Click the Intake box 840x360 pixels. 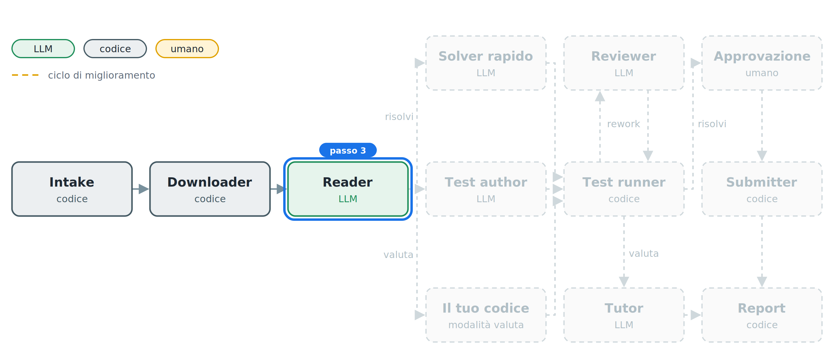tap(72, 189)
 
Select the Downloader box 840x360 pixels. tap(210, 189)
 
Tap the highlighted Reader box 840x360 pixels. tap(348, 189)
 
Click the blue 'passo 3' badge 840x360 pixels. tap(348, 150)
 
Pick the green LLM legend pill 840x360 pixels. tap(43, 49)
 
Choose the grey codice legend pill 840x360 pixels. tap(115, 49)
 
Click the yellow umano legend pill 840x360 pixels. tap(187, 49)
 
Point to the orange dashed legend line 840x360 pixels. tap(25, 75)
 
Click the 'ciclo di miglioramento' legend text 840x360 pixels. tap(101, 75)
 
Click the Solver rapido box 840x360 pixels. tap(486, 63)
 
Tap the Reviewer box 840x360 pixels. tap(624, 63)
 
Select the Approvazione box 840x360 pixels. tap(762, 63)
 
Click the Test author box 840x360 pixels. tap(486, 189)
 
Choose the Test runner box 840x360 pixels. tap(624, 189)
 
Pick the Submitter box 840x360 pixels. tap(762, 189)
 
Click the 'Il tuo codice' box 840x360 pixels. tap(486, 315)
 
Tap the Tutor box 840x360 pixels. tap(624, 315)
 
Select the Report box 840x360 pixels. tap(762, 315)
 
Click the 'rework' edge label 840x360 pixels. tap(623, 124)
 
